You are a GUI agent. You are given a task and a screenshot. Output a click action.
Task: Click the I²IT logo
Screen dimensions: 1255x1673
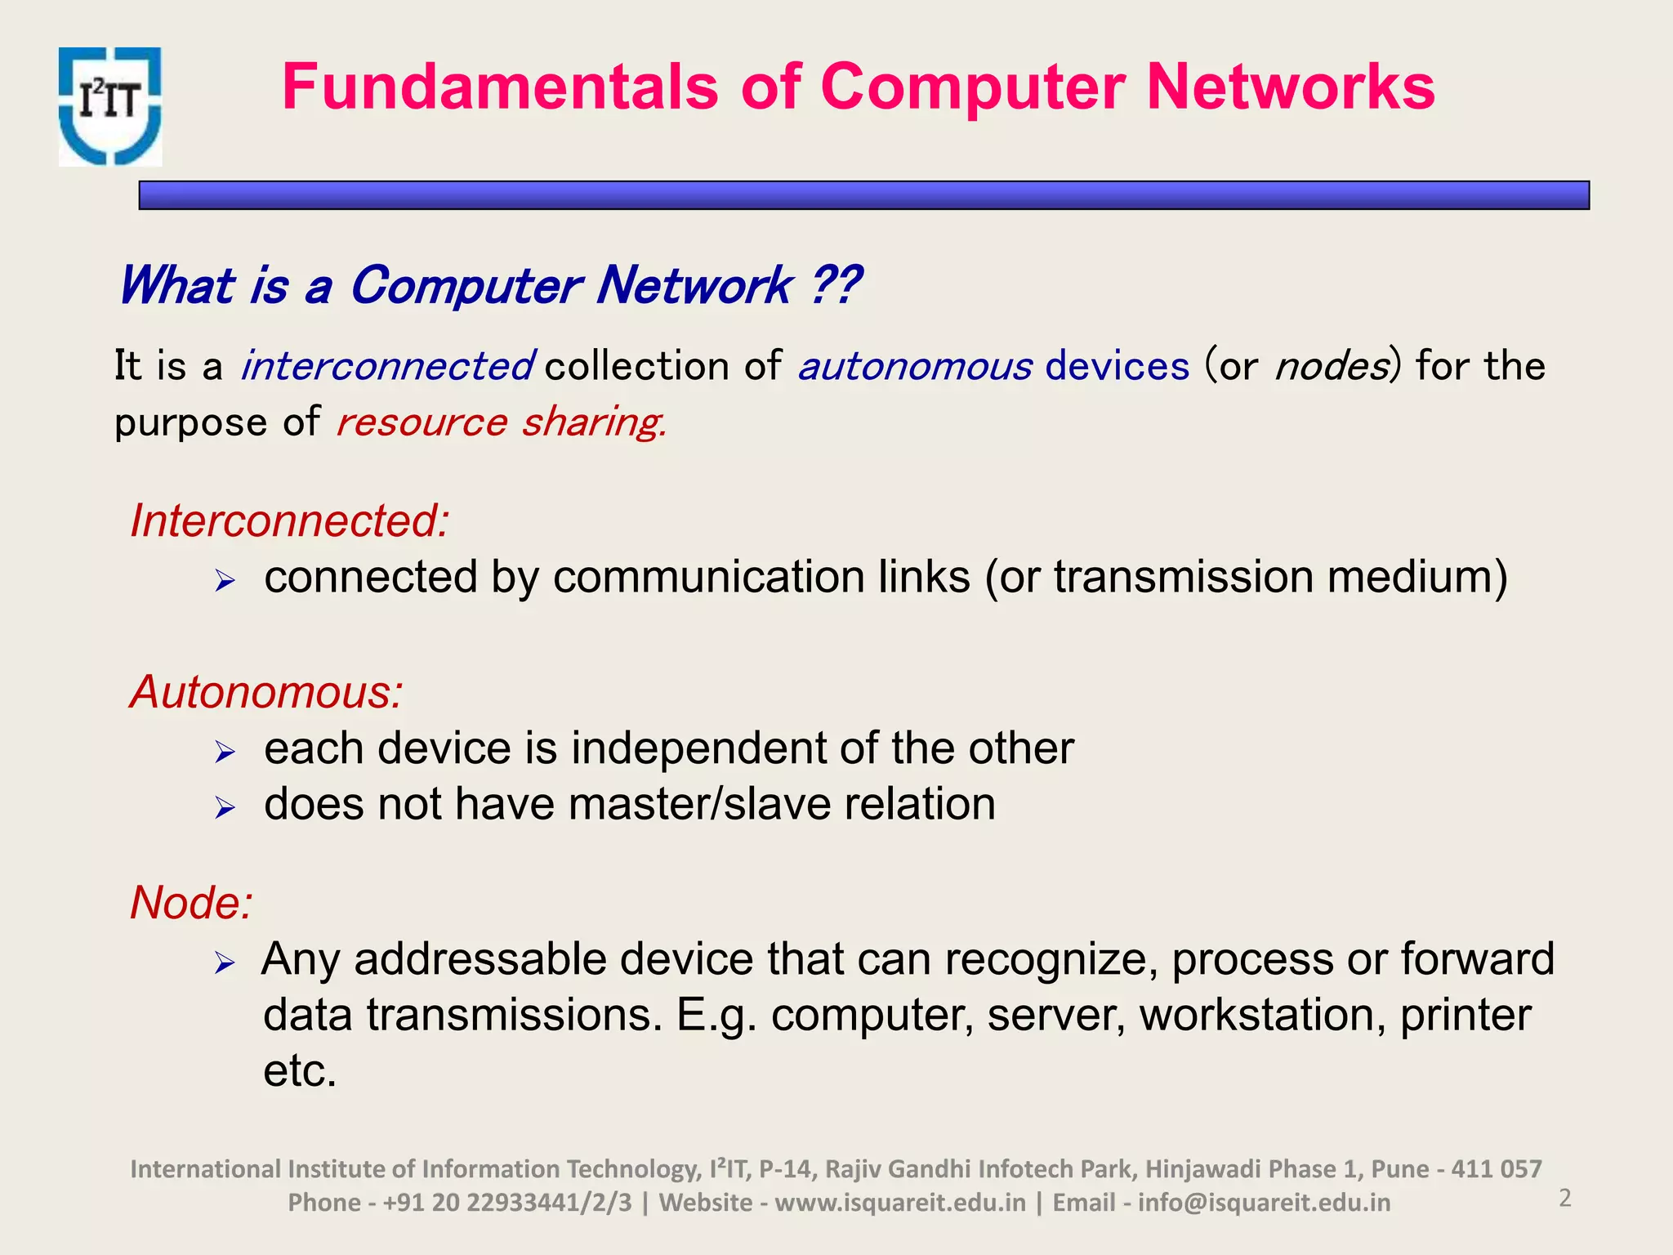(x=110, y=106)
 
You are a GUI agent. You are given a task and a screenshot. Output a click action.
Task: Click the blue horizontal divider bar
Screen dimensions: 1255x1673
(x=863, y=195)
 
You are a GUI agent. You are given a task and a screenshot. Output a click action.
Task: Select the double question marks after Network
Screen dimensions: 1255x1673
(x=835, y=286)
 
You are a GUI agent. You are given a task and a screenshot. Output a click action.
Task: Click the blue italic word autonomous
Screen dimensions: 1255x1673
(x=915, y=366)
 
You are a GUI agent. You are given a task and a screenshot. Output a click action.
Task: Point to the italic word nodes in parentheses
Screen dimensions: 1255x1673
(x=1332, y=366)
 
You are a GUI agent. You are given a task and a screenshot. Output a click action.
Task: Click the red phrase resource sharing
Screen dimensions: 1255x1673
(x=500, y=422)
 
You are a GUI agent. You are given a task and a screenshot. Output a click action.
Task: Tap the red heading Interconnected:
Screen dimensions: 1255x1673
(x=290, y=520)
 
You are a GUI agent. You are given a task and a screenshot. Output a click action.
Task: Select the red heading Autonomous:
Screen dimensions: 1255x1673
(x=266, y=692)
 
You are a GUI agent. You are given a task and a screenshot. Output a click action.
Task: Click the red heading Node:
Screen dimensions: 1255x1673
(x=191, y=903)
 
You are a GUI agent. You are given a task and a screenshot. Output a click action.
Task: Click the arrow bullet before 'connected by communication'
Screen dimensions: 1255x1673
(x=225, y=582)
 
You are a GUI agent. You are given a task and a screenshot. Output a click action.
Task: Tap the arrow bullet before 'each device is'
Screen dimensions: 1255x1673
(x=225, y=752)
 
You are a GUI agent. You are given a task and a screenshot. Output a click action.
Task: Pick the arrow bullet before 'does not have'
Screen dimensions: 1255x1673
(x=225, y=808)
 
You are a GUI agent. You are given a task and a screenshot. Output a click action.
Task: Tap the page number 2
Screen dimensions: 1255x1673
(x=1564, y=1198)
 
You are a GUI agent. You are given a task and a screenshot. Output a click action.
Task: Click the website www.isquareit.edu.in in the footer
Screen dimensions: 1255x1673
(x=899, y=1203)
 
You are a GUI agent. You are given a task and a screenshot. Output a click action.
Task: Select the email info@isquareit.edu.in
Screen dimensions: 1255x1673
(x=1263, y=1203)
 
